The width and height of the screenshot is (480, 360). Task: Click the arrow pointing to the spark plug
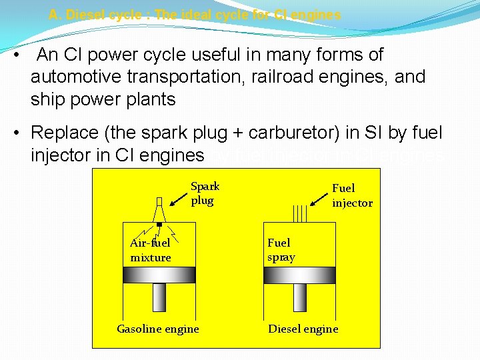pyautogui.click(x=177, y=198)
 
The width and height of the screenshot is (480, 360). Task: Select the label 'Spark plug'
pyautogui.click(x=205, y=193)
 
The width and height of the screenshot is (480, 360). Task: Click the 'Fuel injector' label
pyautogui.click(x=352, y=195)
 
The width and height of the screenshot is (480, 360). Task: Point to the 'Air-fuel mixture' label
pyautogui.click(x=151, y=250)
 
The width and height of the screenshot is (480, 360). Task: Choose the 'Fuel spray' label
pyautogui.click(x=281, y=250)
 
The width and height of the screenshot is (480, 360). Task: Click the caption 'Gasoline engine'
pyautogui.click(x=158, y=329)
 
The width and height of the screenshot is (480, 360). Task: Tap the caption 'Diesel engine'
pyautogui.click(x=303, y=329)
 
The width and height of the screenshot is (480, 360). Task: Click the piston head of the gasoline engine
pyautogui.click(x=159, y=275)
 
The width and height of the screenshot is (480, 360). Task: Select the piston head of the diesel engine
pyautogui.click(x=299, y=275)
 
